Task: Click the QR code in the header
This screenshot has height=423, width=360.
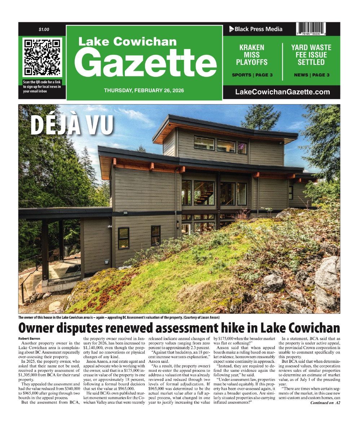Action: (42, 57)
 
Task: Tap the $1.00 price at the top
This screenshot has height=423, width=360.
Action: (44, 29)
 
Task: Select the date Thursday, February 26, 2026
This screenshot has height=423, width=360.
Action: (144, 90)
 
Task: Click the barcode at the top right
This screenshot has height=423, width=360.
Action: (318, 29)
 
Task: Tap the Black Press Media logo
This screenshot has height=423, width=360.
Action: (256, 29)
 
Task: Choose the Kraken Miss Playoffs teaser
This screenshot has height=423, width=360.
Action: (252, 55)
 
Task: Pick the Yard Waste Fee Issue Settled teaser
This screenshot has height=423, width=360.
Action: (311, 55)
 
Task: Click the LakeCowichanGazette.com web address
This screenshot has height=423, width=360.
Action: (282, 92)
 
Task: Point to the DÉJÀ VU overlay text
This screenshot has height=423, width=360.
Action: (72, 124)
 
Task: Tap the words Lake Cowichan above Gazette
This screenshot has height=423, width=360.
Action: (127, 41)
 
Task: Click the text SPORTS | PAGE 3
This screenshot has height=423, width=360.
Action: (252, 75)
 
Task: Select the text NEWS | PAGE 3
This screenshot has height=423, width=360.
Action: (311, 75)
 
